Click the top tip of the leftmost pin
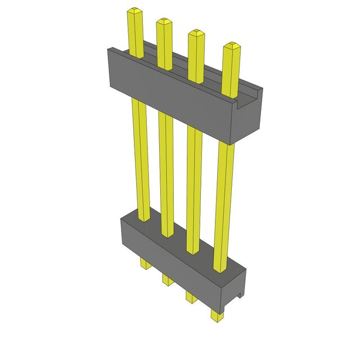(134, 11)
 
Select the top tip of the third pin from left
(196, 32)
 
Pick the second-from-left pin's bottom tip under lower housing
(167, 280)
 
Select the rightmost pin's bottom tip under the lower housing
(217, 316)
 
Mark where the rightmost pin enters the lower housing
(220, 268)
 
